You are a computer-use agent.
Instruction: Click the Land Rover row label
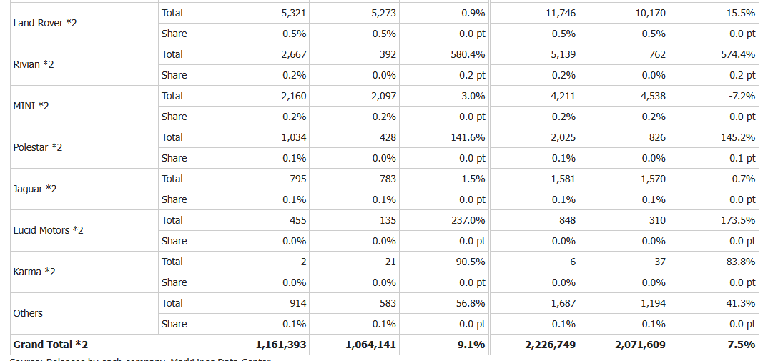[x=45, y=23]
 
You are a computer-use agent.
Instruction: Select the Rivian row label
[x=34, y=64]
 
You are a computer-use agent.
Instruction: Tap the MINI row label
[x=31, y=106]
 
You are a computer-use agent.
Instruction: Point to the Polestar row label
[x=38, y=147]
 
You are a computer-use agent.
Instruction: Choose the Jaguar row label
[x=35, y=189]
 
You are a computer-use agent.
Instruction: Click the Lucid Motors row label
[x=49, y=230]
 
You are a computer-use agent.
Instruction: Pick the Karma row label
[x=34, y=272]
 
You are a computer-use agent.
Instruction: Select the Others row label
[x=28, y=313]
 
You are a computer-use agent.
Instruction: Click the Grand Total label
[x=51, y=345]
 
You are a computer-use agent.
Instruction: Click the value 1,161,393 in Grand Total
[x=281, y=345]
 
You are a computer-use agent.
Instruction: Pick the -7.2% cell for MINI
[x=740, y=96]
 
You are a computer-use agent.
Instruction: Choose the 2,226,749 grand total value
[x=550, y=345]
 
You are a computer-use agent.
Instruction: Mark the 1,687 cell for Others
[x=562, y=303]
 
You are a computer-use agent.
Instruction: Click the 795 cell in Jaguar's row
[x=298, y=179]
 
